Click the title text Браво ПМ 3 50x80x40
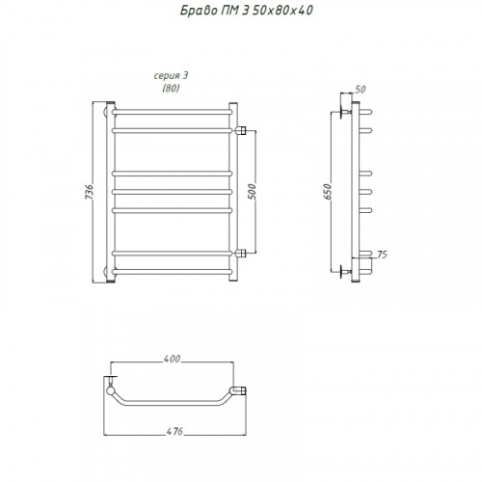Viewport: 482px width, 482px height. pos(246,11)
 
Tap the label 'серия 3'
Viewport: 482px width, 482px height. pos(171,76)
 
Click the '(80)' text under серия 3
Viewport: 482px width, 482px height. pos(171,88)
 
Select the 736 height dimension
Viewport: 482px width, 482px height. pos(90,192)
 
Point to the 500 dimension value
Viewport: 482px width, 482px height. pos(253,192)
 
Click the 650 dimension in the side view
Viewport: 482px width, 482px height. pos(328,192)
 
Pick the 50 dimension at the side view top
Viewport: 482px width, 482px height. pos(361,90)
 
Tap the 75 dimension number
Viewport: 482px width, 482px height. pos(382,254)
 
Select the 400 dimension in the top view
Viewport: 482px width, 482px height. pos(172,359)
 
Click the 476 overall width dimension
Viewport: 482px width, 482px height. pos(174,431)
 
